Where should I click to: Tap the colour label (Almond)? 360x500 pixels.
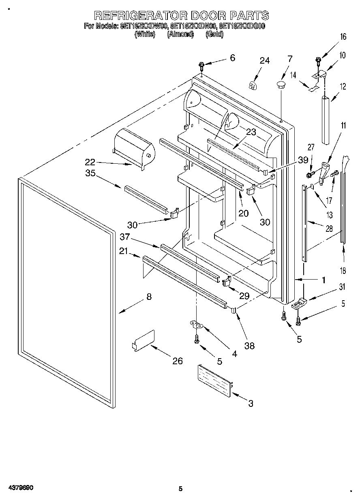pos(180,34)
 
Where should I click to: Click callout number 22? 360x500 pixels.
pos(90,162)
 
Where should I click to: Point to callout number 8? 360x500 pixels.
pos(149,297)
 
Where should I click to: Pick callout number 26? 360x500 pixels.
pos(177,361)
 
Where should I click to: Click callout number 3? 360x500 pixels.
pos(251,403)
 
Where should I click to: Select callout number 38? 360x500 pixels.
pos(249,346)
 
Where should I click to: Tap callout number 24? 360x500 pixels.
pos(264,61)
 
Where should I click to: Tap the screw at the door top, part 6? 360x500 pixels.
pos(201,65)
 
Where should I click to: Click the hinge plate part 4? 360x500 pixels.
pos(197,324)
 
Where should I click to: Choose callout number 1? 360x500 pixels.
pos(324,279)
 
